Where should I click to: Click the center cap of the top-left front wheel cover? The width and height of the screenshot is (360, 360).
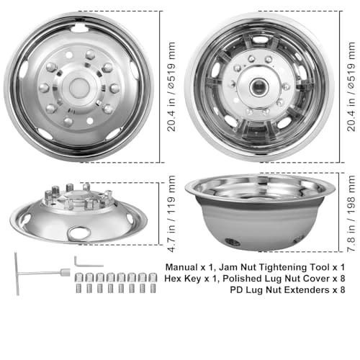click(78, 88)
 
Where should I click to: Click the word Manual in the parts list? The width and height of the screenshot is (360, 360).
click(181, 267)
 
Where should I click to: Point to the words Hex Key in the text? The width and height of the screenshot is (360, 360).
click(182, 279)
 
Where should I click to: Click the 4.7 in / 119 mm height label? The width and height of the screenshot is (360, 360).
click(172, 214)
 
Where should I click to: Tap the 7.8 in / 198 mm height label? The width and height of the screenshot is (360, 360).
click(351, 214)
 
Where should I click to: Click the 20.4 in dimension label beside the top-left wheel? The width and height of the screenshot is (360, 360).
click(172, 86)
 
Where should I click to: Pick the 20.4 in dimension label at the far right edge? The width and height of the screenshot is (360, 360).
click(351, 86)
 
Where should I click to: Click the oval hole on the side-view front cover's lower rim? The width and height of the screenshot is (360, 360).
click(78, 233)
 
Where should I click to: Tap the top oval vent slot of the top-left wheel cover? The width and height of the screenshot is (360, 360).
click(79, 29)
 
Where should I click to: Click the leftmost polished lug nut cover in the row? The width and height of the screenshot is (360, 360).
click(79, 278)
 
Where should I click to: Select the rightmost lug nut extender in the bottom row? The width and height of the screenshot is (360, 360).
click(153, 288)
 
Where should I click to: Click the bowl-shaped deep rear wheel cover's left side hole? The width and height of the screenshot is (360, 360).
click(233, 242)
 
